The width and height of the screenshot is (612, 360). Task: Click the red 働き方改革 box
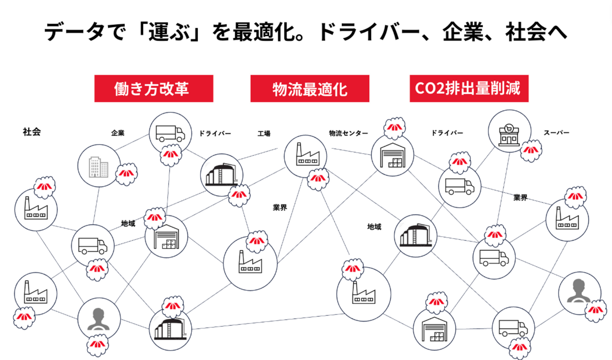click(x=153, y=88)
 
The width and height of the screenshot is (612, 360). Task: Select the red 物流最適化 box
click(x=310, y=88)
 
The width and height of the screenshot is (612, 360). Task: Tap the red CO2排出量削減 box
click(x=469, y=88)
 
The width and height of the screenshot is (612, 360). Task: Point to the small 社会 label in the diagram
click(x=32, y=132)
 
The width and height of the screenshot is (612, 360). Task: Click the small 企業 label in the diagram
click(x=118, y=133)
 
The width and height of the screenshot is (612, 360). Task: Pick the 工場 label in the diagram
click(x=264, y=133)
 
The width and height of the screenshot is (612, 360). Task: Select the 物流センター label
click(x=348, y=133)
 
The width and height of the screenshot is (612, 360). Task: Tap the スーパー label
click(x=556, y=133)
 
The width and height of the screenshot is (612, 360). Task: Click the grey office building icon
click(x=98, y=166)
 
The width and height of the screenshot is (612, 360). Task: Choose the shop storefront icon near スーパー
click(x=509, y=135)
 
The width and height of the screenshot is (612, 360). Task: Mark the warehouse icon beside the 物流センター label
click(x=392, y=155)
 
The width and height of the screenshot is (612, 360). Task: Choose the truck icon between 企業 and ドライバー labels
click(x=170, y=133)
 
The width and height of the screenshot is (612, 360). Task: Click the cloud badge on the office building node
click(x=126, y=174)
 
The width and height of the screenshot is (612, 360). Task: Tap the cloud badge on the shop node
click(x=531, y=150)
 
